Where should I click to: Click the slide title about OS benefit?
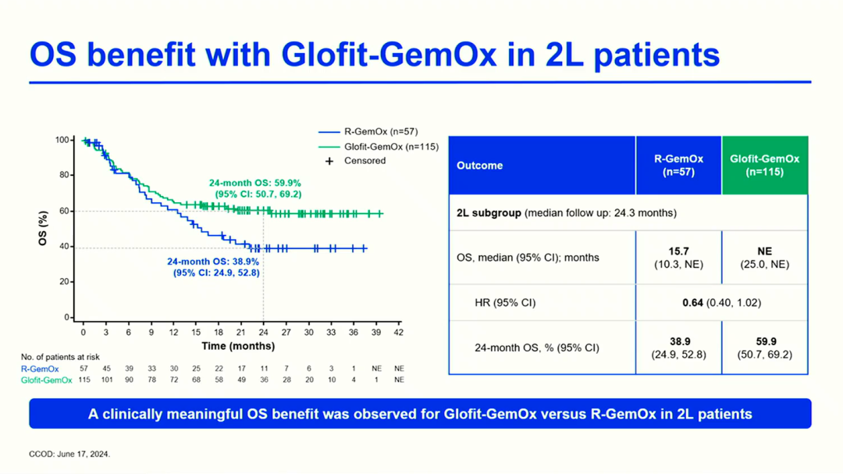coord(374,55)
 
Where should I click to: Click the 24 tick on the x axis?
coord(264,332)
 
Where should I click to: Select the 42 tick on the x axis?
coord(399,332)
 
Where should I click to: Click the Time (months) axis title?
coord(238,346)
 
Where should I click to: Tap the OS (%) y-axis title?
coord(44,228)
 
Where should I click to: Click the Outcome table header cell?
coord(480,166)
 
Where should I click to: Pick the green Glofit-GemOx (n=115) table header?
coord(764,165)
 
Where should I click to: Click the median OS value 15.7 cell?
coord(678,257)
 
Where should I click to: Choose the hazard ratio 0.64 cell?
coord(721,302)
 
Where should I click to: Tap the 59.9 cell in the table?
coord(764,347)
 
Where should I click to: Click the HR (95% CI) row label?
coord(505,302)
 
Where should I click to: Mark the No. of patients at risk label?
coord(60,357)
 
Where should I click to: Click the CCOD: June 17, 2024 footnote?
coord(69,454)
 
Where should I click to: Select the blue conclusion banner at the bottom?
coord(420,414)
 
